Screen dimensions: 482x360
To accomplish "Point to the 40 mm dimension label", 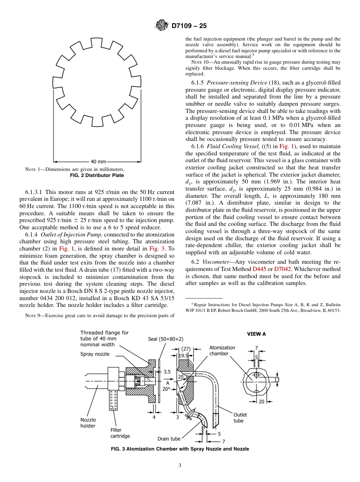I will (99, 161).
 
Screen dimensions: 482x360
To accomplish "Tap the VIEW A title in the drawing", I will (257, 334).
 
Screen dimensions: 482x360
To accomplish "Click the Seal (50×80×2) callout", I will (166, 339).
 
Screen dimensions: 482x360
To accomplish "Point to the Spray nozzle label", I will (95, 354).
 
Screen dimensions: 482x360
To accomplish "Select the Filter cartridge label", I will (120, 433).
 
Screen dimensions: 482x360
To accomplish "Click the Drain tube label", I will (169, 439).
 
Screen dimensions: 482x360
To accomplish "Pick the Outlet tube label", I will (240, 418).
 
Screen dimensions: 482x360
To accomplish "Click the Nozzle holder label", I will (88, 423).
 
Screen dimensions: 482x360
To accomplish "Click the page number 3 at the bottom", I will (180, 465).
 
